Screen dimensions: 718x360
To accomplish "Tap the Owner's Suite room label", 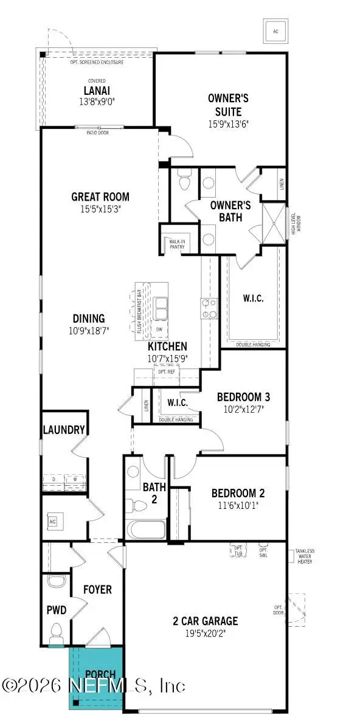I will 224,105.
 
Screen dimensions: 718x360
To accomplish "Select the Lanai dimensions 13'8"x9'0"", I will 96,102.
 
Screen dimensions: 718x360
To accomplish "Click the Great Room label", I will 100,196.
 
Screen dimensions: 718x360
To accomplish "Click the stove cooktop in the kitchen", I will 208,308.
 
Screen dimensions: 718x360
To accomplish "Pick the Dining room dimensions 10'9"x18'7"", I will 88,330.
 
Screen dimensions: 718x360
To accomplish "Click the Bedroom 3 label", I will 243,397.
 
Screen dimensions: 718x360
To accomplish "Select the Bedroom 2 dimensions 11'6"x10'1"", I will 238,505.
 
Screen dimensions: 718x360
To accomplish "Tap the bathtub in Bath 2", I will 145,529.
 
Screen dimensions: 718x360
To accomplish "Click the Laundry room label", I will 64,430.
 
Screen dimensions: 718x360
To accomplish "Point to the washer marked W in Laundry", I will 75,480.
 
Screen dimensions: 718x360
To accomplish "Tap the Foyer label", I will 97,589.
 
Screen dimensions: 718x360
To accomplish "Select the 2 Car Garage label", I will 205,621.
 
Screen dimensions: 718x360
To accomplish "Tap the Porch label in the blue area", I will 96,674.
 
